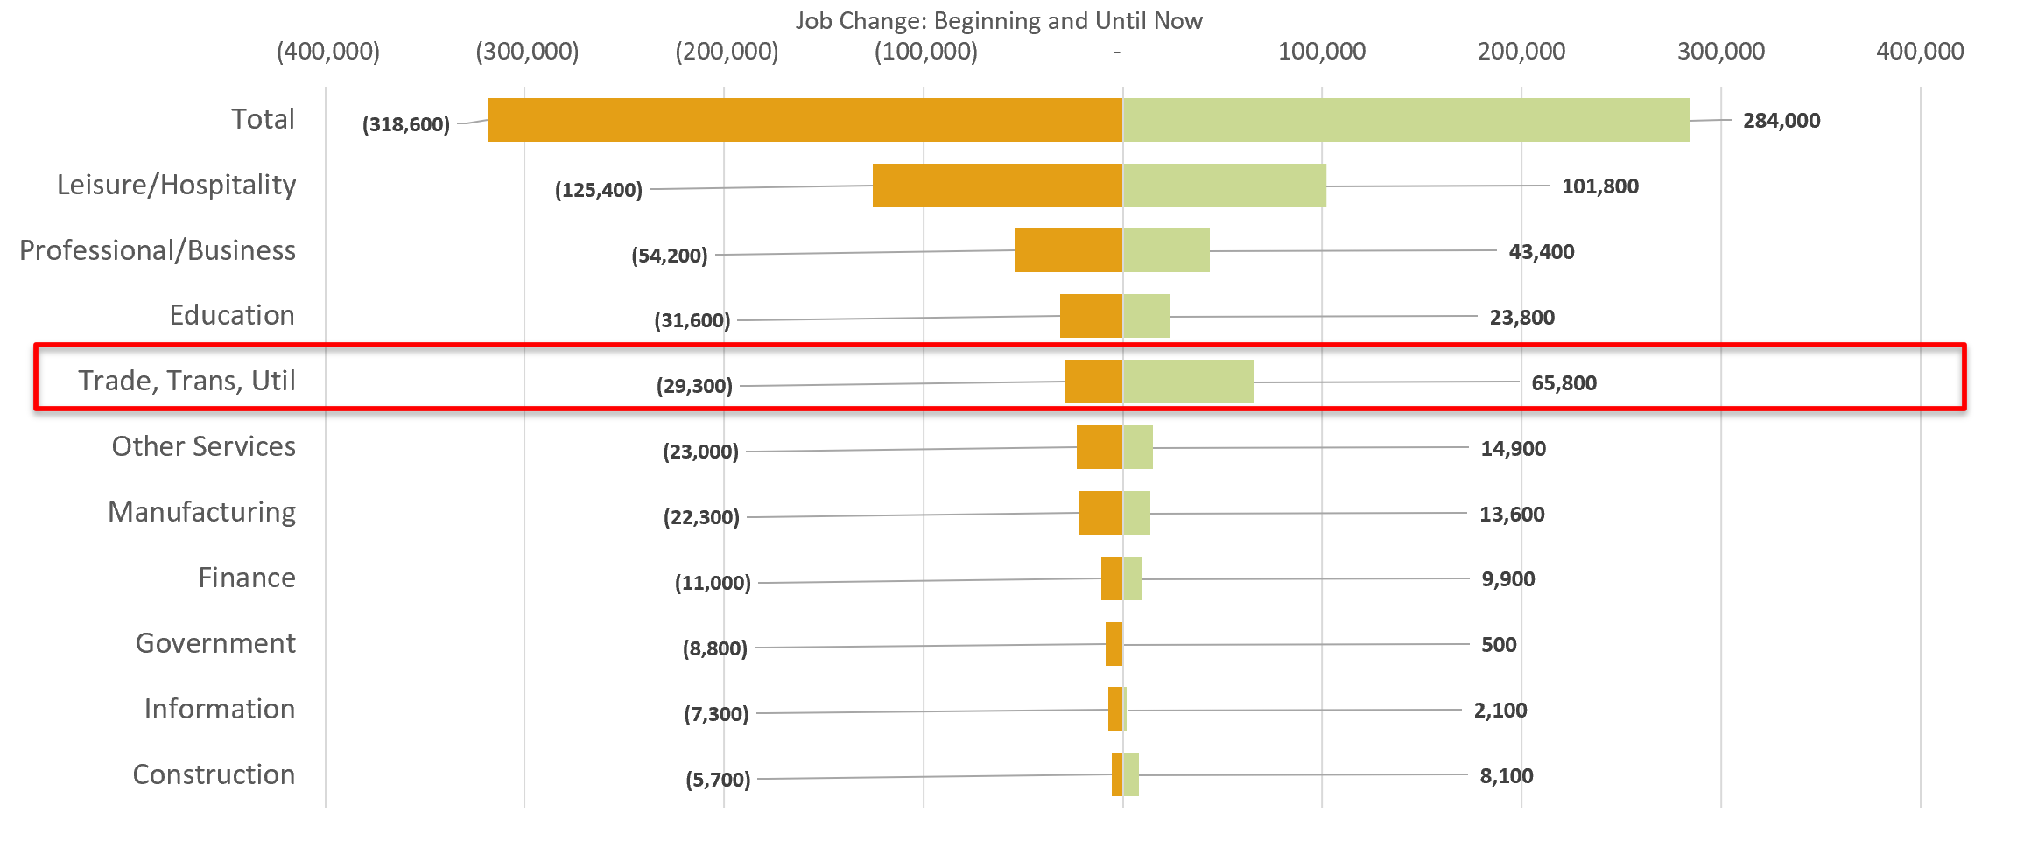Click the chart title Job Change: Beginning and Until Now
point(998,21)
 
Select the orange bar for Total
point(805,120)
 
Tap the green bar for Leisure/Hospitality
point(1224,186)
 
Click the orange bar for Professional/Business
point(1068,250)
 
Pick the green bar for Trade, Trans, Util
point(1188,382)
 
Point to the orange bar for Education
point(1091,316)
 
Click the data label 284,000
point(1781,121)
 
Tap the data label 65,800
point(1564,383)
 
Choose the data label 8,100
point(1506,776)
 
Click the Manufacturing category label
point(201,512)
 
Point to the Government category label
point(215,643)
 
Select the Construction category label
point(214,774)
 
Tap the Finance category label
point(247,578)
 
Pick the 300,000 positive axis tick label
point(1720,52)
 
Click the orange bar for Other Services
point(1100,447)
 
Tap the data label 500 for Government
point(1498,645)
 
